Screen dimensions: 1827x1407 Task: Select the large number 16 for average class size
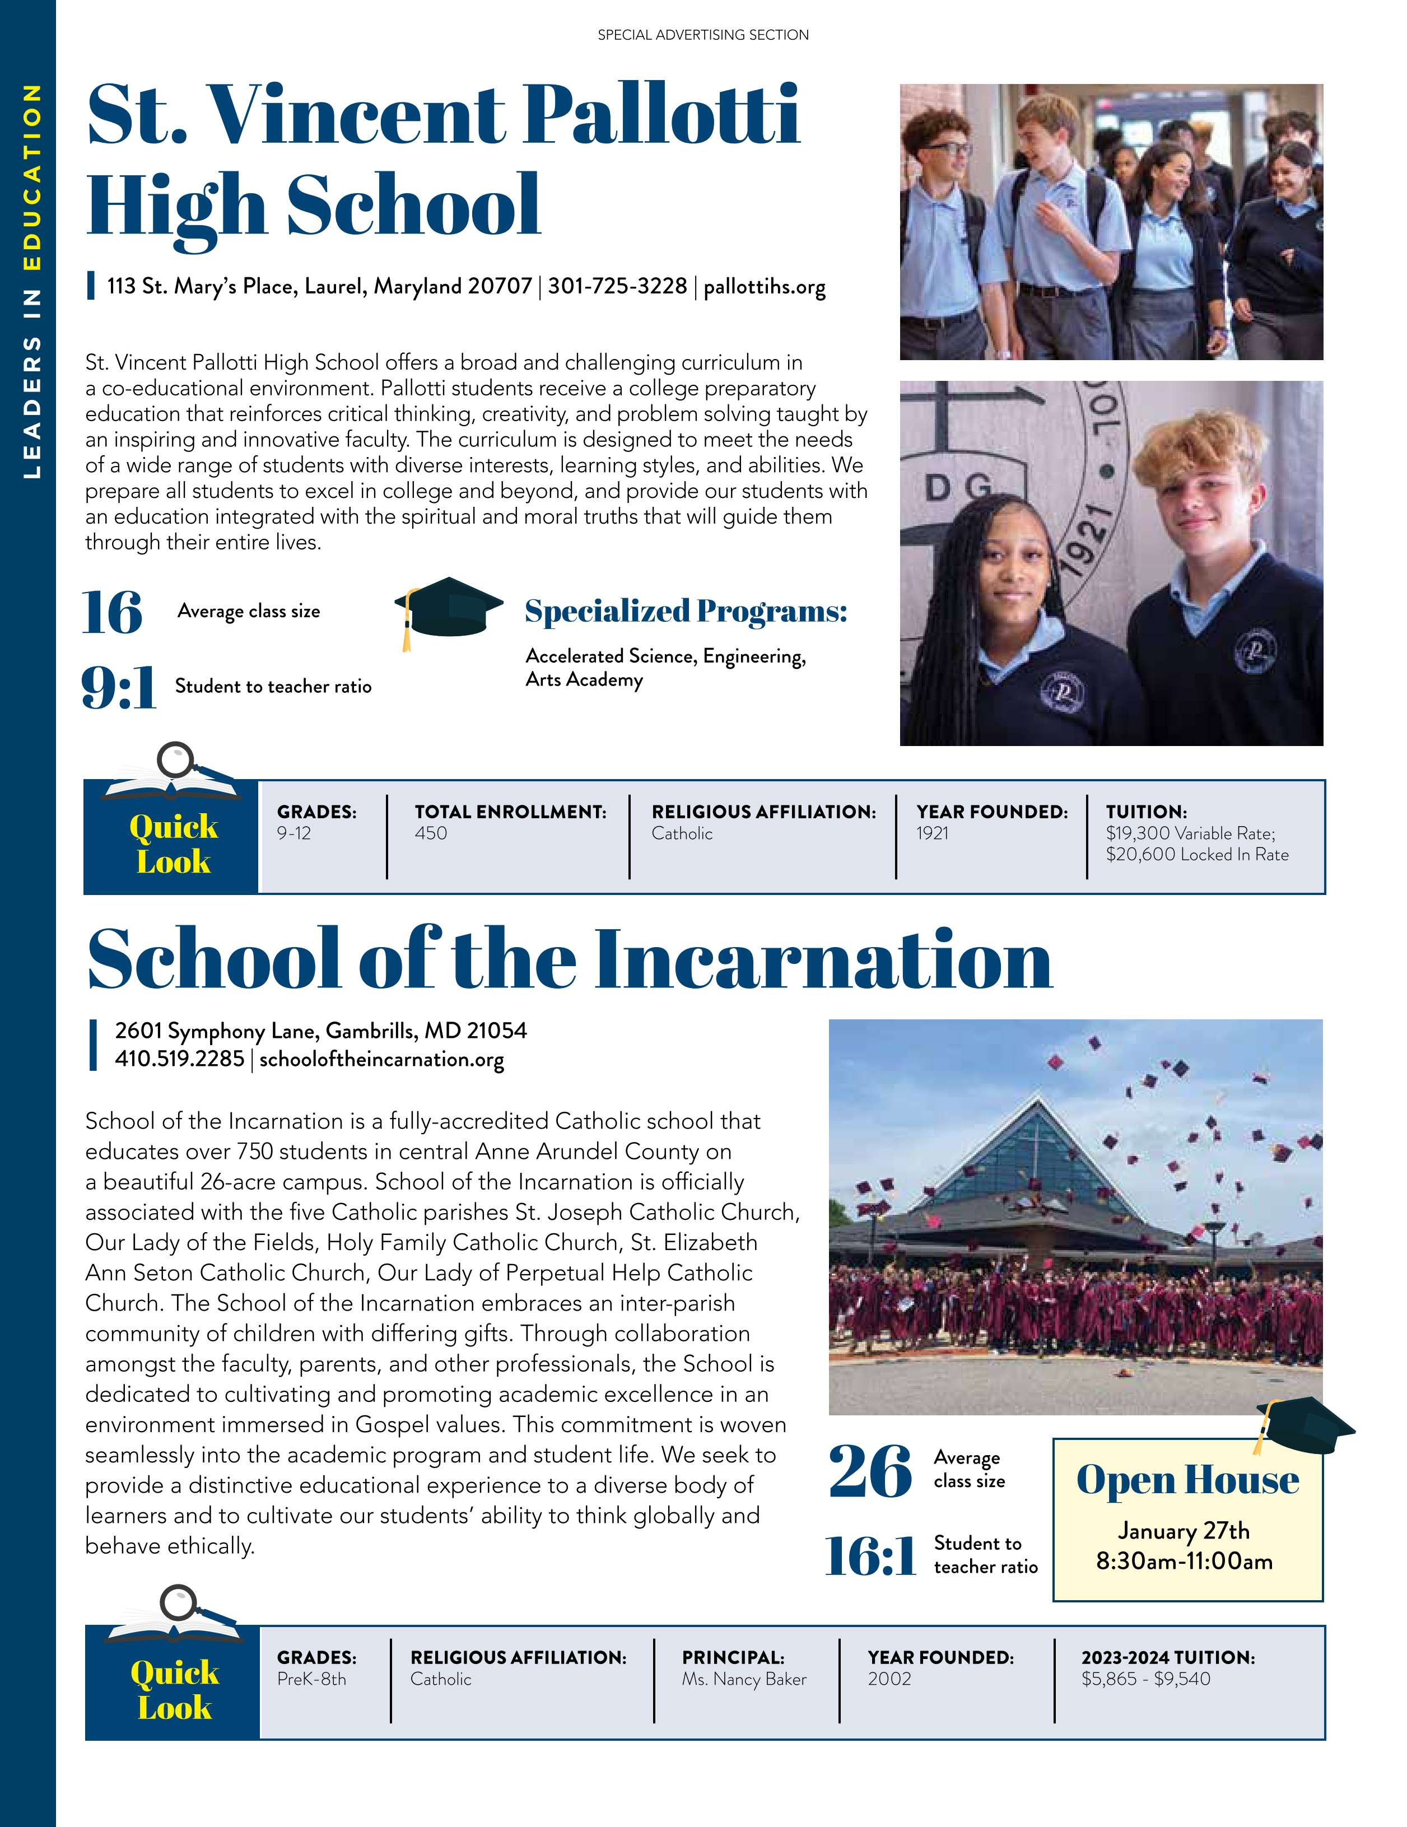point(112,613)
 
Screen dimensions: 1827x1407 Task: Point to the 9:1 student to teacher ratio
point(119,688)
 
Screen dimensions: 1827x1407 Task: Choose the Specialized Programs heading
point(685,612)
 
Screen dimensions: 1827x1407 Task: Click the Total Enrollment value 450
point(431,833)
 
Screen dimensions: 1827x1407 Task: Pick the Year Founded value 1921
point(932,833)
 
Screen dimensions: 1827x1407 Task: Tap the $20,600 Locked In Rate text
point(1196,854)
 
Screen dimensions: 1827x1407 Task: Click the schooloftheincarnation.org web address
point(381,1059)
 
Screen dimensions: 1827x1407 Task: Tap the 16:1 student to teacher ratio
point(870,1555)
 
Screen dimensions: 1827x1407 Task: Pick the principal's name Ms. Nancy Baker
point(744,1679)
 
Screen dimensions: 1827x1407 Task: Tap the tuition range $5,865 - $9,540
point(1145,1679)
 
